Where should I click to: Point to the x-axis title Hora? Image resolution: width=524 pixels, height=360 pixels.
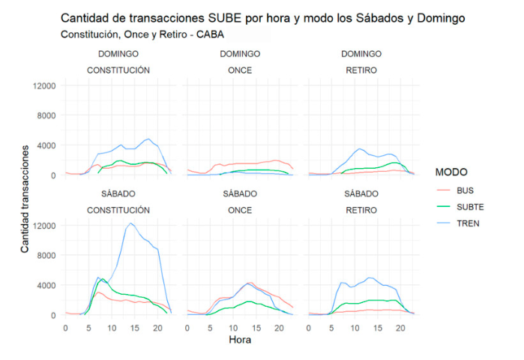click(240, 340)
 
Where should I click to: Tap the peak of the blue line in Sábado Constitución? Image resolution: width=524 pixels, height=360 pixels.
click(130, 223)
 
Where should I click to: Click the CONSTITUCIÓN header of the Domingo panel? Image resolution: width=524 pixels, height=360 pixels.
click(118, 70)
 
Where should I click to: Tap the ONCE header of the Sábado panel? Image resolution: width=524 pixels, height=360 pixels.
click(240, 210)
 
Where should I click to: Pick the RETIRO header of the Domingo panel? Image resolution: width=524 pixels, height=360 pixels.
click(361, 70)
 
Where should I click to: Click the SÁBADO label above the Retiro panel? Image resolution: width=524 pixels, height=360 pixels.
click(361, 193)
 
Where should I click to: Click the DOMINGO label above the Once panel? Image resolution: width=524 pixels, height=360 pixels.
click(240, 54)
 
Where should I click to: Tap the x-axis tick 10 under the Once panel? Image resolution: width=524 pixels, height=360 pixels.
click(232, 328)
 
